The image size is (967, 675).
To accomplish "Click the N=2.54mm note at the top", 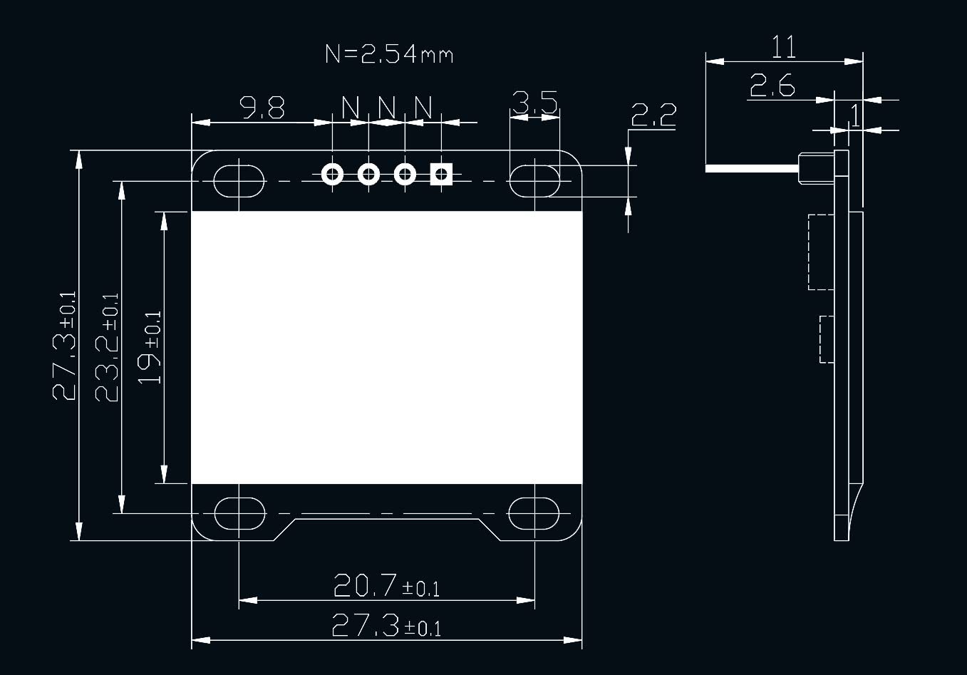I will (389, 54).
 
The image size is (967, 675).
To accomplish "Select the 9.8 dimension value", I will (262, 108).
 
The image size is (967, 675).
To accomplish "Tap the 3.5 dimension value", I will (534, 103).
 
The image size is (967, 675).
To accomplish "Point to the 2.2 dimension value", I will (653, 115).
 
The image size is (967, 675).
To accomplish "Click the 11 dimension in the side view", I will (783, 48).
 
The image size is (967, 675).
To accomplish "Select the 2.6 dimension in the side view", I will (772, 87).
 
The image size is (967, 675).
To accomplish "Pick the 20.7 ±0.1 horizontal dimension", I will (386, 586).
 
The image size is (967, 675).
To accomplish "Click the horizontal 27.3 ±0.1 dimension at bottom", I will (386, 627).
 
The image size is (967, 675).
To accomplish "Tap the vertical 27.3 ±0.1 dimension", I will (65, 346).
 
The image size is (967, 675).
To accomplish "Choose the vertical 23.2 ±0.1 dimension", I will (108, 347).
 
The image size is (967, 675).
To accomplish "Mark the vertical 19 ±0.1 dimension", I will (150, 347).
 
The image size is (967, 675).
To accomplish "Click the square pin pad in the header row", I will (442, 174).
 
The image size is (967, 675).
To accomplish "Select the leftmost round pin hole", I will (332, 174).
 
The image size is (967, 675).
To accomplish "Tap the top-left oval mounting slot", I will (239, 181).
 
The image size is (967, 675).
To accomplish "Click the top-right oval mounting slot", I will (534, 181).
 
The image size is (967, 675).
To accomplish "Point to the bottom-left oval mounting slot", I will (239, 512).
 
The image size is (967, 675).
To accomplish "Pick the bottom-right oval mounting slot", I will (534, 512).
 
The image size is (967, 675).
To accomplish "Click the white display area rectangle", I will (387, 347).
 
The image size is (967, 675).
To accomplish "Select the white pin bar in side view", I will (752, 169).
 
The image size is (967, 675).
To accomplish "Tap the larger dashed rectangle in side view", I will (821, 252).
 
